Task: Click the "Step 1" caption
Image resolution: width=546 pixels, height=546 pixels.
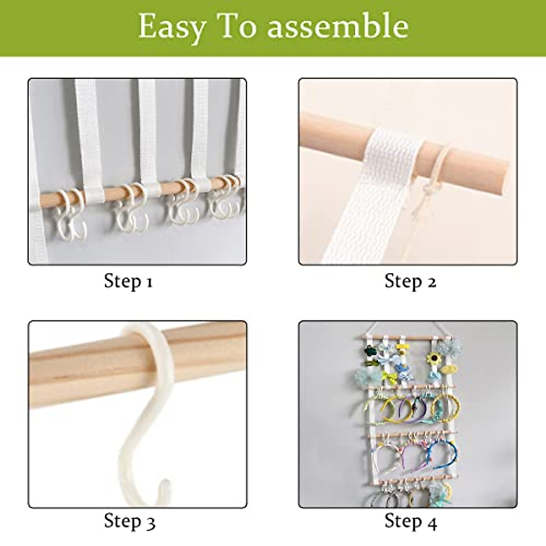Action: pos(128,281)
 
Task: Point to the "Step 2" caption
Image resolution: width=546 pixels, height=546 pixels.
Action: pos(410,281)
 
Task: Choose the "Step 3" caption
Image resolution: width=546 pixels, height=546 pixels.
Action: pos(129,521)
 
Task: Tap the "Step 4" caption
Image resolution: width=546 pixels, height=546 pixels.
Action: pos(410,521)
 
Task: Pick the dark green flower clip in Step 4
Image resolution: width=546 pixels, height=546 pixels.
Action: pos(368,352)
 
